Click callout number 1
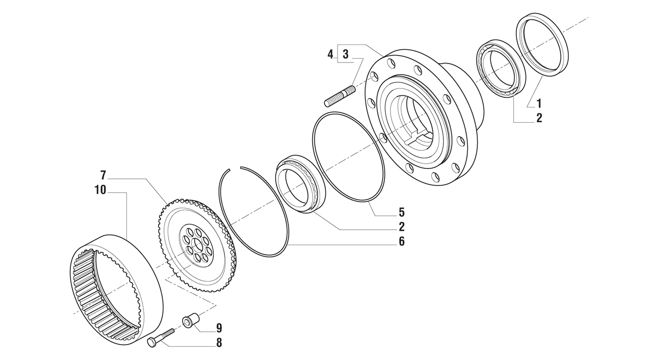click(539, 104)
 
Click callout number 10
click(100, 190)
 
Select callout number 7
click(103, 175)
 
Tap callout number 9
click(219, 328)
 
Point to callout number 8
click(219, 343)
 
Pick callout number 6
click(402, 241)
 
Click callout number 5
click(402, 212)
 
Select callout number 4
click(330, 54)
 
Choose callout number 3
click(345, 54)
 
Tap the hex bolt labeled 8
click(161, 338)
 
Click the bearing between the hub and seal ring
click(499, 68)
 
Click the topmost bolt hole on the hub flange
click(391, 65)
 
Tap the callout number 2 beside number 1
click(539, 118)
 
